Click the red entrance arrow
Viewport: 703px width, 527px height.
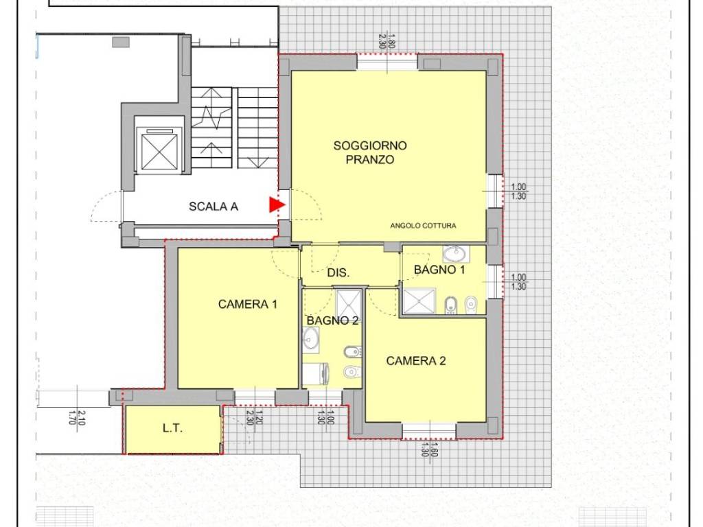pyautogui.click(x=277, y=204)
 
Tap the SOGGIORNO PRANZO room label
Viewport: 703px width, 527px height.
pyautogui.click(x=370, y=152)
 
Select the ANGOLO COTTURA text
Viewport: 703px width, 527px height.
pyautogui.click(x=423, y=226)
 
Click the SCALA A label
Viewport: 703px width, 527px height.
pyautogui.click(x=214, y=207)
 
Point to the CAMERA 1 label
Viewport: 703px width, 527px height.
pyautogui.click(x=247, y=304)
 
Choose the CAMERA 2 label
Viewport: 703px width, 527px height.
pyautogui.click(x=416, y=361)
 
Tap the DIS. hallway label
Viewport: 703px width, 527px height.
pyautogui.click(x=338, y=272)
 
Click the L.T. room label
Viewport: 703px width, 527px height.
pyautogui.click(x=172, y=428)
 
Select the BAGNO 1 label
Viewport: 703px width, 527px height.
pyautogui.click(x=439, y=270)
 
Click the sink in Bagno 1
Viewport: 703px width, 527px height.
pyautogui.click(x=455, y=254)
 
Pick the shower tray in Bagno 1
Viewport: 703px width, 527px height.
pyautogui.click(x=419, y=301)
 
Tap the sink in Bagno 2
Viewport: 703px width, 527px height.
pyautogui.click(x=310, y=338)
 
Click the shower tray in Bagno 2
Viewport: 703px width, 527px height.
pyautogui.click(x=349, y=303)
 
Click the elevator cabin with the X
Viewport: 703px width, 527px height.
pyautogui.click(x=159, y=152)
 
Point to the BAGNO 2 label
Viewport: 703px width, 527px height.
pyautogui.click(x=333, y=321)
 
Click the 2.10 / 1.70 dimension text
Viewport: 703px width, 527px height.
pyautogui.click(x=77, y=417)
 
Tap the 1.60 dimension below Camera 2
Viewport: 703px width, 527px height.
pyautogui.click(x=434, y=450)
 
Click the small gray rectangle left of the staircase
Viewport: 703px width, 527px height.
pyautogui.click(x=121, y=42)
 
